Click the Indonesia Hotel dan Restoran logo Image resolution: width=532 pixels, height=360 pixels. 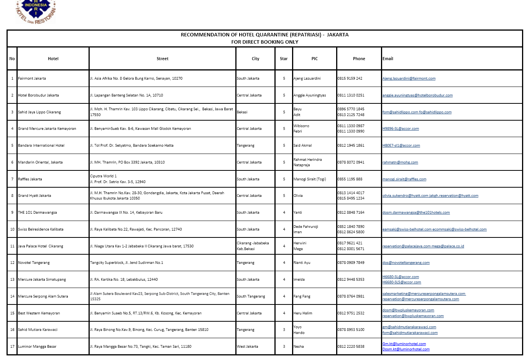point(36,11)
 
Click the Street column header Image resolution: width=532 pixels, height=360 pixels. point(163,59)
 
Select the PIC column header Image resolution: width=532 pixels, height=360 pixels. point(314,59)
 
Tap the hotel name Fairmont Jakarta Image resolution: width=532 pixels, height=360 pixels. point(32,79)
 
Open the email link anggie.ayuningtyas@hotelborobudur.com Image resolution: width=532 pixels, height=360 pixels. point(417,95)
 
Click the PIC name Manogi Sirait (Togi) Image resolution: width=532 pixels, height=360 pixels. point(310,179)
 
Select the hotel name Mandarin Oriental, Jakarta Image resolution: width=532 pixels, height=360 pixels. point(40,162)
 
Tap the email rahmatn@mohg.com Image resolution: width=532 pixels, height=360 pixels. point(400,162)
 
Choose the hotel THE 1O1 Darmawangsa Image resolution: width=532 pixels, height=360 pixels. point(37,213)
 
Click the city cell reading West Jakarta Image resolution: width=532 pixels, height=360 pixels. point(247,347)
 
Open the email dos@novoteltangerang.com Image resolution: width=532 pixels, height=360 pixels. point(406,263)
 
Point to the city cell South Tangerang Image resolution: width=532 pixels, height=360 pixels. point(251,296)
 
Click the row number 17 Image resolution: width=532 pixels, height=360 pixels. point(12,347)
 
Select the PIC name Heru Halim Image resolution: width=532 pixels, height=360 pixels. point(303,313)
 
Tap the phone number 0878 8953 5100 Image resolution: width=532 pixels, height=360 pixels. point(351,330)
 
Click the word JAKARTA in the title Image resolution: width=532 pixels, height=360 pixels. point(338,35)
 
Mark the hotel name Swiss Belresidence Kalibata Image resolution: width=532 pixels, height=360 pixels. point(41,229)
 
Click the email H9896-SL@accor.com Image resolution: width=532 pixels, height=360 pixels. point(401,129)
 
